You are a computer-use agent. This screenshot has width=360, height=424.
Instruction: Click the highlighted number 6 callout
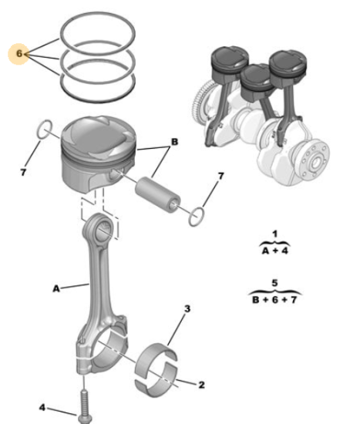point(19,53)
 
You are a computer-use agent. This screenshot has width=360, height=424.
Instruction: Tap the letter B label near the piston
point(174,141)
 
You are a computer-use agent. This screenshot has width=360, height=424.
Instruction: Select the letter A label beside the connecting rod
point(56,289)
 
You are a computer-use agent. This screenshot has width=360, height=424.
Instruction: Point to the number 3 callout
point(187,308)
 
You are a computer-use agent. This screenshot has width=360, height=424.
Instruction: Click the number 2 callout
point(201,385)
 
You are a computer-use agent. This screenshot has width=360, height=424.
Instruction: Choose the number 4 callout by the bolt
point(42,408)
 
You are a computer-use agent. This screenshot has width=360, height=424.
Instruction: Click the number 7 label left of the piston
point(23,172)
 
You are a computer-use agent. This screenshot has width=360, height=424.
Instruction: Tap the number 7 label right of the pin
point(221,177)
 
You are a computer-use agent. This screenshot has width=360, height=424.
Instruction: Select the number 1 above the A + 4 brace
point(274,234)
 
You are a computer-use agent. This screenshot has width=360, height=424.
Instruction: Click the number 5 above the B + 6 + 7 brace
point(274,283)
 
